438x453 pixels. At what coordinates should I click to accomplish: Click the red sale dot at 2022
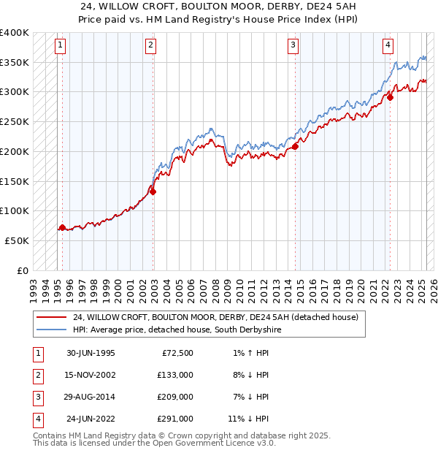[x=391, y=96]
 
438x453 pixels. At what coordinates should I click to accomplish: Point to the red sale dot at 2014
[x=296, y=146]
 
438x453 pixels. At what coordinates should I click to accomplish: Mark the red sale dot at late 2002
[x=153, y=191]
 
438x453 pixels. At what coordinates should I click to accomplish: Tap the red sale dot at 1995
[x=63, y=227]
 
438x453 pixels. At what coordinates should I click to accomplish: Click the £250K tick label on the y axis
[x=15, y=121]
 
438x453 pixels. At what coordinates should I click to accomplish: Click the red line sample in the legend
[x=51, y=318]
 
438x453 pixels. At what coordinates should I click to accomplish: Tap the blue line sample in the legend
[x=51, y=330]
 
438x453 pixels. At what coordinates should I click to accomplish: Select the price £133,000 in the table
[x=176, y=375]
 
